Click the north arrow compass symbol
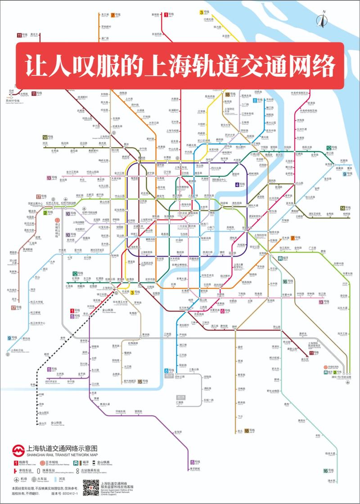[322, 19]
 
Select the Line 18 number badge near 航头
[247, 431]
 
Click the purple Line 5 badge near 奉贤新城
[192, 462]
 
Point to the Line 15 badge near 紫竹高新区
[140, 381]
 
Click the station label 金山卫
[42, 423]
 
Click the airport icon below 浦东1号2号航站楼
[347, 382]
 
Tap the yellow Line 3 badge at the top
[202, 12]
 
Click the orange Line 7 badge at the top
[113, 15]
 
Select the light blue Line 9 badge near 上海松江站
[9, 338]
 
